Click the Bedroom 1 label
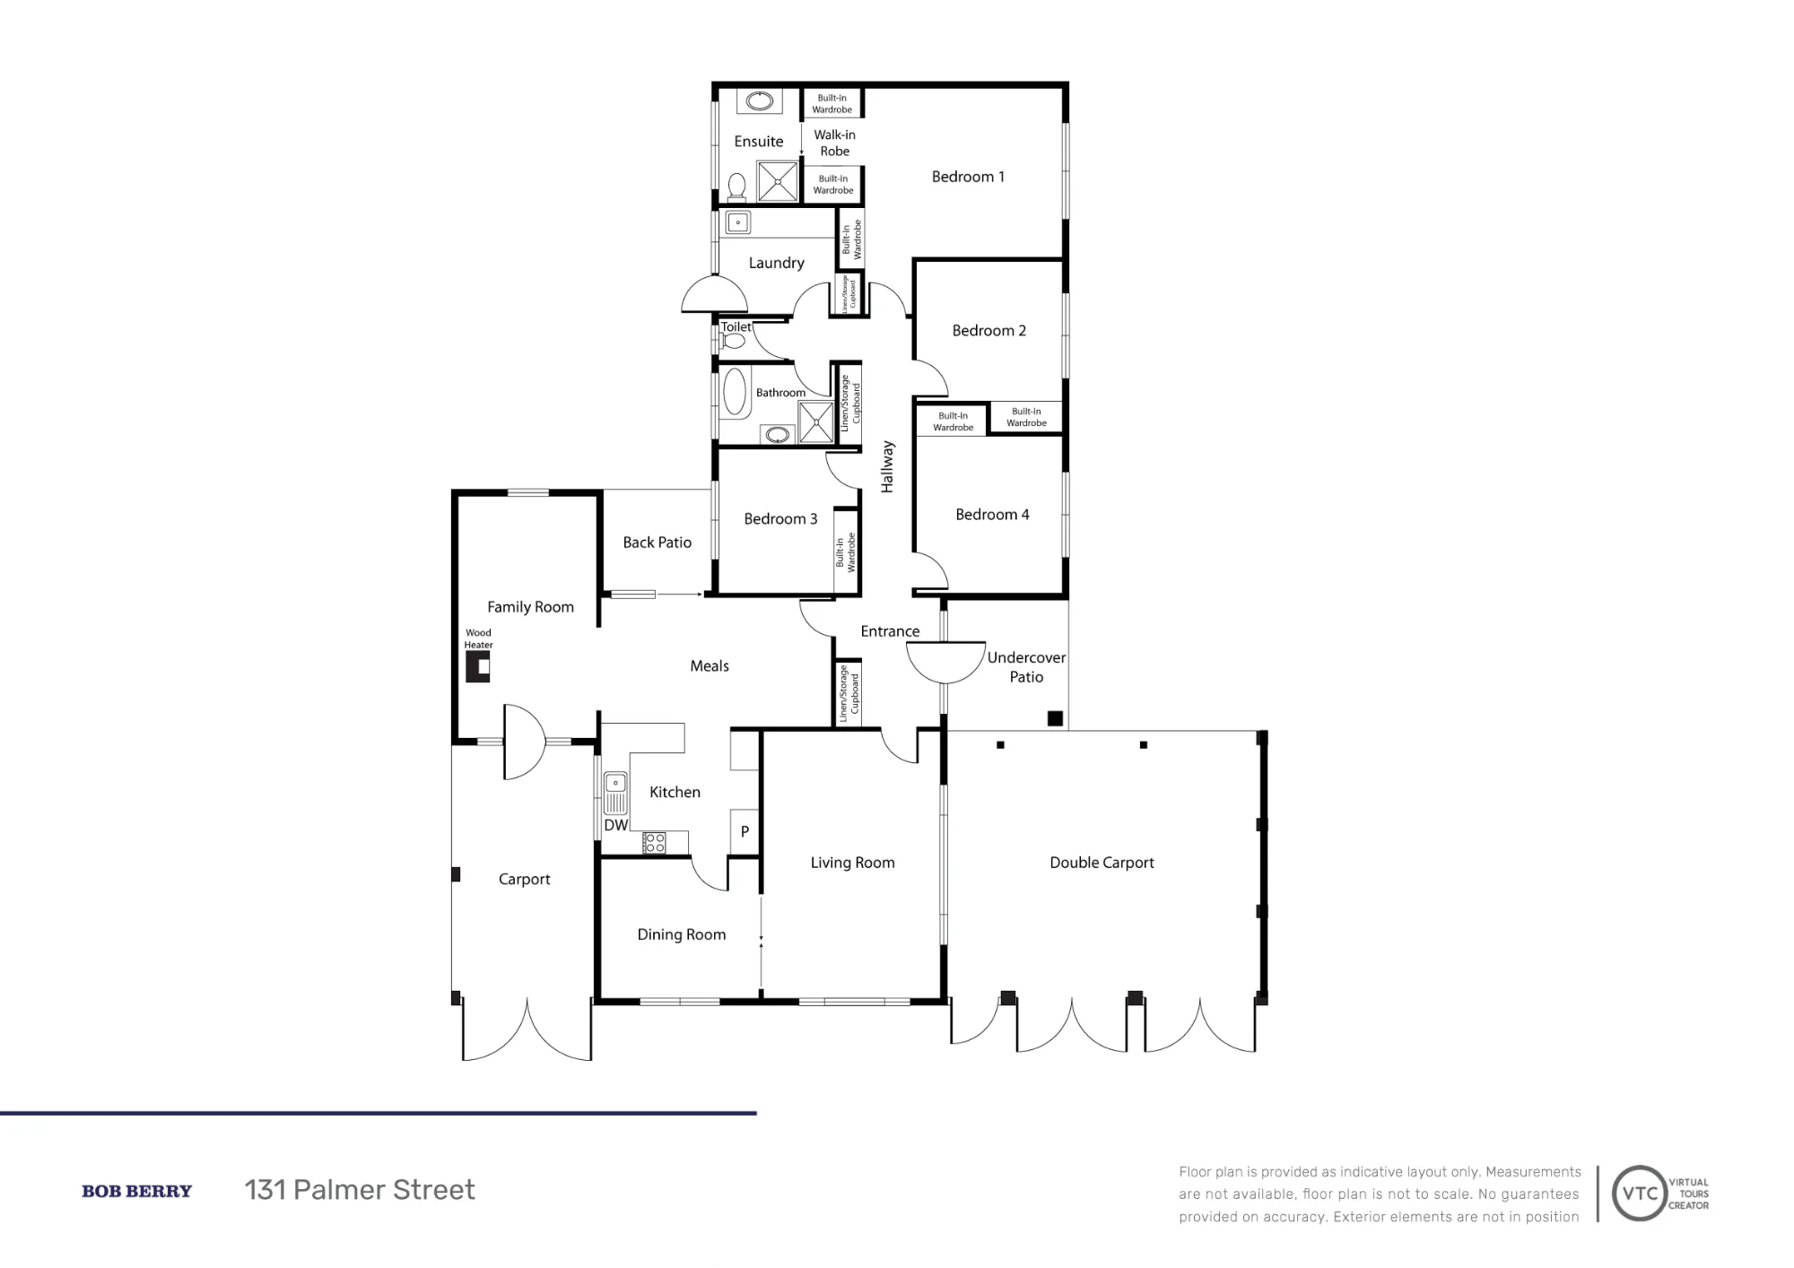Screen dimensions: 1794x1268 (968, 177)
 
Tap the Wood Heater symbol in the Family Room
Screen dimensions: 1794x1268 (477, 667)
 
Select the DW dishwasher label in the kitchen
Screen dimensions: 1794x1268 (615, 825)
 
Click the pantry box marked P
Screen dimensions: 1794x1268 (745, 831)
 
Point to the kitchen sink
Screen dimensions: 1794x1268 (615, 794)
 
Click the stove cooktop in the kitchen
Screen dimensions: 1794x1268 (655, 843)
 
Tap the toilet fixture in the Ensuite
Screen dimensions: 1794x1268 (737, 187)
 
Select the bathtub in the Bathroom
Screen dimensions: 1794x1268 (735, 394)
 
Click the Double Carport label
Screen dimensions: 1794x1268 (1102, 863)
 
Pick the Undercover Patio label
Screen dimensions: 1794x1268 (1026, 667)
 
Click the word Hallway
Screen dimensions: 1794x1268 (888, 466)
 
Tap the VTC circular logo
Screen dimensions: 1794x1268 (1640, 1194)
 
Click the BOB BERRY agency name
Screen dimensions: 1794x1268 (136, 1191)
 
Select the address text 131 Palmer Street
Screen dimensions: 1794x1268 (360, 1190)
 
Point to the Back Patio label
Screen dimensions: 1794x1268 (658, 543)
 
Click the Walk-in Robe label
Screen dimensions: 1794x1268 (834, 143)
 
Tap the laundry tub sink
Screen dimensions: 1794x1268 (738, 222)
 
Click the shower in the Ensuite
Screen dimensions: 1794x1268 (778, 180)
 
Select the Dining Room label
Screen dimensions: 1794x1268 (682, 934)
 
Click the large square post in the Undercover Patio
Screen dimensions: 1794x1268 (1056, 718)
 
